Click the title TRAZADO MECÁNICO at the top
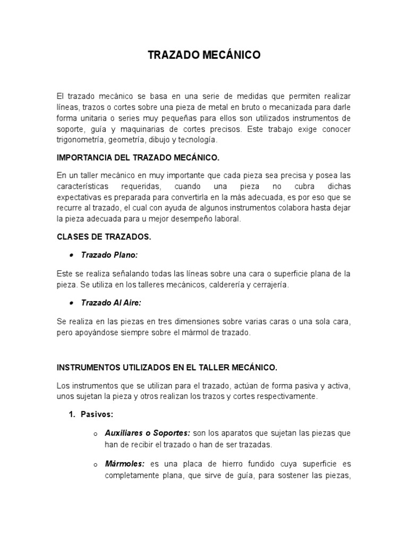coord(204,55)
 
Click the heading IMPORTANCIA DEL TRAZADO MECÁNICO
coord(137,158)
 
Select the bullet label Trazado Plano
coord(109,255)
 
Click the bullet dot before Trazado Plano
coord(72,256)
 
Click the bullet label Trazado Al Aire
coord(110,303)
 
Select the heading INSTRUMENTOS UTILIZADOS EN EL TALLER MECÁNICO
coord(167,367)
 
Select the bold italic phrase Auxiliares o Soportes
coord(148,433)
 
